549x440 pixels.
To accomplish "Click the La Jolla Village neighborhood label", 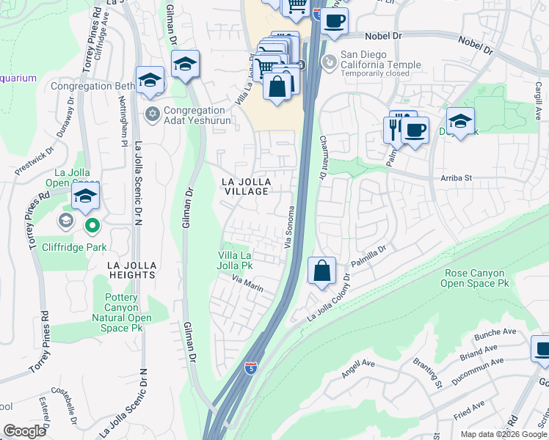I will [x=247, y=186].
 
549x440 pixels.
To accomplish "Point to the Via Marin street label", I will [x=247, y=283].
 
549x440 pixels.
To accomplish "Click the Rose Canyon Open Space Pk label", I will [x=476, y=278].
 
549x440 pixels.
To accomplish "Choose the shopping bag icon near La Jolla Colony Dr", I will [x=321, y=271].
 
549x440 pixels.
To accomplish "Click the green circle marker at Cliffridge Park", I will [x=91, y=225].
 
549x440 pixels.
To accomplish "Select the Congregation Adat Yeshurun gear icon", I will [x=153, y=113].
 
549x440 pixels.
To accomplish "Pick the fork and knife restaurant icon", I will [x=394, y=128].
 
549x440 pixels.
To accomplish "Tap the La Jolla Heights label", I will [x=131, y=269].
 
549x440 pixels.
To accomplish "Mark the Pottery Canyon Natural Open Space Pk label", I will [x=121, y=313].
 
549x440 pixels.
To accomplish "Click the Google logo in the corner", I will [x=24, y=431].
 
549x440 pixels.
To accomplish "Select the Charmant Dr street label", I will [x=321, y=158].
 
